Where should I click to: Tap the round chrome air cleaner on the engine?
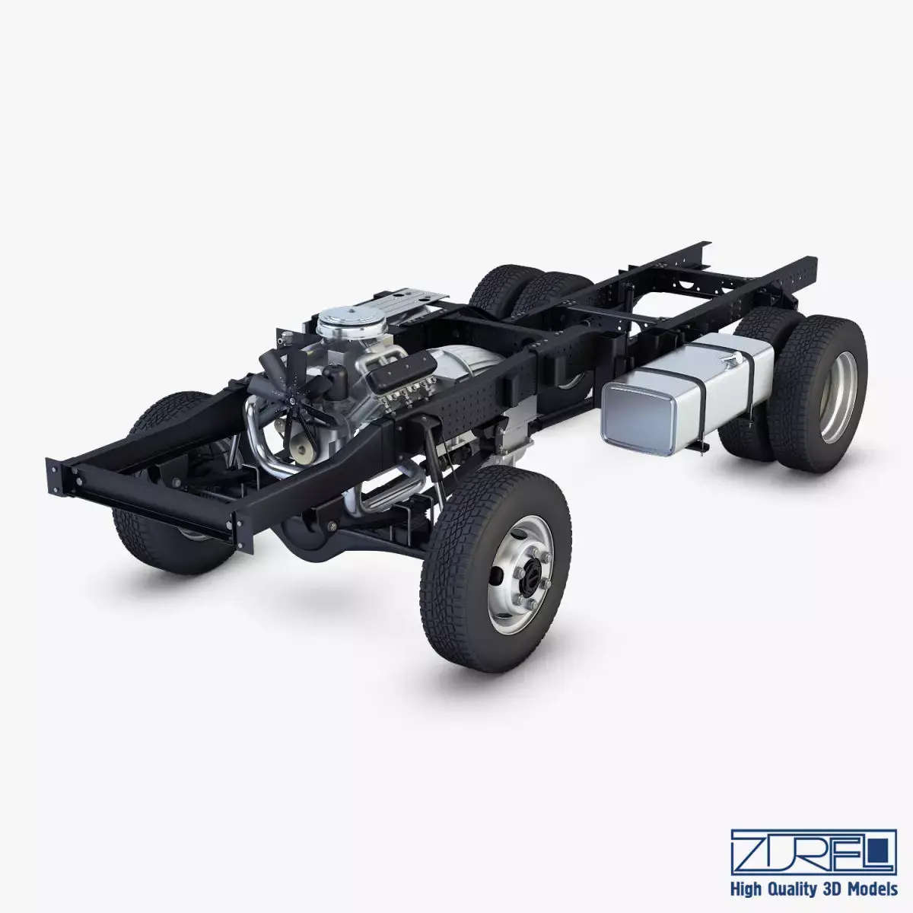click(x=336, y=323)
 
